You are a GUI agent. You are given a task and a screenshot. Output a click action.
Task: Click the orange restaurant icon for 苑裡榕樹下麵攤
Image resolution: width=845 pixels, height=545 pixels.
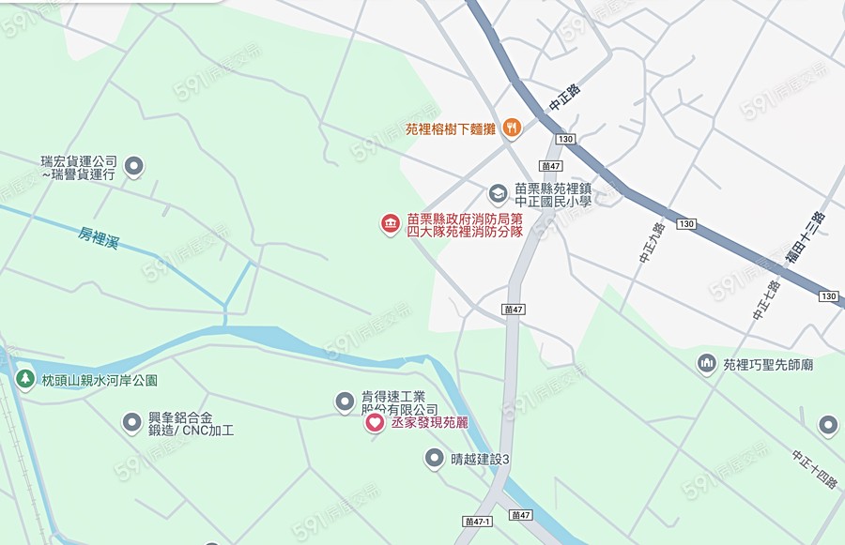pyautogui.click(x=512, y=127)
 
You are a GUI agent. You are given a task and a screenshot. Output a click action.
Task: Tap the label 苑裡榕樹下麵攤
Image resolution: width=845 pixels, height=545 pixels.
pyautogui.click(x=450, y=129)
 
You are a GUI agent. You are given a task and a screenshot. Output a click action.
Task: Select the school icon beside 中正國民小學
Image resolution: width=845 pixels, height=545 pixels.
pyautogui.click(x=498, y=193)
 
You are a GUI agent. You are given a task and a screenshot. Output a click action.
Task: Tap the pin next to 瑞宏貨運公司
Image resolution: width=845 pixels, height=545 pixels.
pyautogui.click(x=134, y=167)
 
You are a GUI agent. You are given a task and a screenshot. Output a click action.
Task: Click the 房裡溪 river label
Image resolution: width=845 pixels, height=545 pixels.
pyautogui.click(x=98, y=237)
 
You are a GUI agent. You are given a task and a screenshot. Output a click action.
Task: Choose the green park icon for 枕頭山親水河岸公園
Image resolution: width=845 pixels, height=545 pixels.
pyautogui.click(x=25, y=381)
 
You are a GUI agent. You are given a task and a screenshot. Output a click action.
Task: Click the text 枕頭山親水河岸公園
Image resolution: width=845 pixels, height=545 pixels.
pyautogui.click(x=100, y=381)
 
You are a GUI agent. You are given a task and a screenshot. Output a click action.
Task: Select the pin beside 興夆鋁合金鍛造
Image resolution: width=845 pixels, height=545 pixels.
pyautogui.click(x=131, y=423)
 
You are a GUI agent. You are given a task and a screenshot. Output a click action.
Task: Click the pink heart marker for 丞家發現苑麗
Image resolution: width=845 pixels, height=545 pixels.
pyautogui.click(x=374, y=423)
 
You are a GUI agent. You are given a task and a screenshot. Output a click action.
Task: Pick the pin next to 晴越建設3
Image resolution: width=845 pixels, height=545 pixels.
pyautogui.click(x=434, y=458)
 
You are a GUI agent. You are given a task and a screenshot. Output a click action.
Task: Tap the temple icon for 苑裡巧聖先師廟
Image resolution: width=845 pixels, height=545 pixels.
pyautogui.click(x=707, y=363)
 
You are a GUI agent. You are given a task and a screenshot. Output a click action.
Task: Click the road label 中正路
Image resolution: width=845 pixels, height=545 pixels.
pyautogui.click(x=565, y=98)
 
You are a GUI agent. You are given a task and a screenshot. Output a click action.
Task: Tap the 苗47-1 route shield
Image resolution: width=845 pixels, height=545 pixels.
pyautogui.click(x=478, y=521)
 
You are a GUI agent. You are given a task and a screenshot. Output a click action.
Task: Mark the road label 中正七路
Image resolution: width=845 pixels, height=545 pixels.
pyautogui.click(x=765, y=300)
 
